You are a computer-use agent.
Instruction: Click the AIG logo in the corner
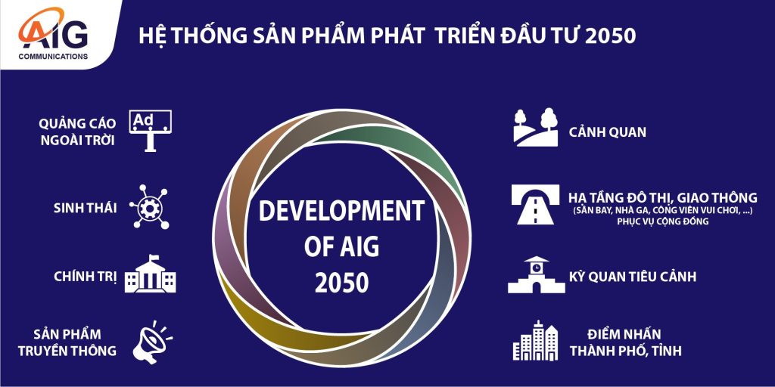point(53,33)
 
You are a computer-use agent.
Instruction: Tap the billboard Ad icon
point(151,130)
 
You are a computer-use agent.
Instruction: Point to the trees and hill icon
point(536,127)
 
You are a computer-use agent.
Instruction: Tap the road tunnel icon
point(535,204)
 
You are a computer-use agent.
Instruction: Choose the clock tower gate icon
point(537,274)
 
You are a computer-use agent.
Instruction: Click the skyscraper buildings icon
point(535,341)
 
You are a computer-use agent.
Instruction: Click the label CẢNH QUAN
point(607,132)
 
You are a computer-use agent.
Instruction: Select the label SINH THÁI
point(85,209)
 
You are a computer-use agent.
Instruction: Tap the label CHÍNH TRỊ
point(86,277)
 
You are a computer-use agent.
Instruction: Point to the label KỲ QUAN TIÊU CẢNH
point(633,276)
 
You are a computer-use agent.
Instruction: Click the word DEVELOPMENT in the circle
point(341,210)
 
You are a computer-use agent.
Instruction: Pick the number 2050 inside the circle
point(342,283)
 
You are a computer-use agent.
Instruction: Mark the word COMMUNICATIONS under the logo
point(54,56)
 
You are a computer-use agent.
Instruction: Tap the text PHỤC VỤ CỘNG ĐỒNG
point(663,221)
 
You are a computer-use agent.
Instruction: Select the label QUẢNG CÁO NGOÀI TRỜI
point(78,132)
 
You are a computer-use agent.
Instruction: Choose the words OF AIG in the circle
point(341,247)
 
